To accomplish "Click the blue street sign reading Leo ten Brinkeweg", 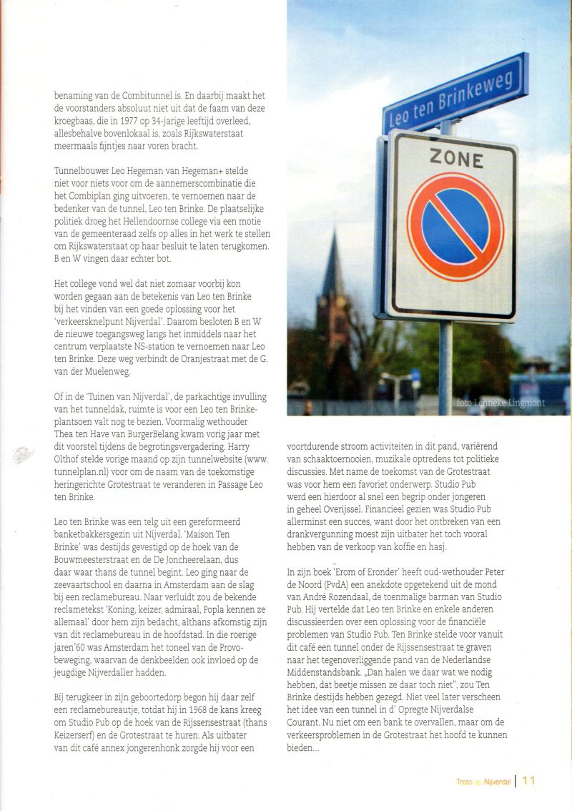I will pyautogui.click(x=455, y=93).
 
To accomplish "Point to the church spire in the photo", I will pyautogui.click(x=332, y=265).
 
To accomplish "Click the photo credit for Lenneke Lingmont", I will pyautogui.click(x=500, y=403).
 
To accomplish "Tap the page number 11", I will pyautogui.click(x=528, y=781).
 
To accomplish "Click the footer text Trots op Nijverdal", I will pyautogui.click(x=483, y=782).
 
